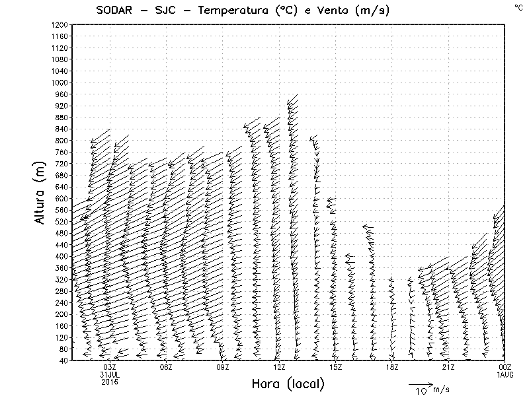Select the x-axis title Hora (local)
tap(288, 384)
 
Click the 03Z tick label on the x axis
tap(110, 367)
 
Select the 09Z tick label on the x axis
tap(222, 367)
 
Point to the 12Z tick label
tap(279, 367)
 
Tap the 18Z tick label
tap(391, 367)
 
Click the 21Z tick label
tap(448, 367)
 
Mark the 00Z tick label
tap(505, 367)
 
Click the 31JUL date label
tap(110, 374)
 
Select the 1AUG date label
tap(505, 374)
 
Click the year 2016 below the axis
tap(110, 381)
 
